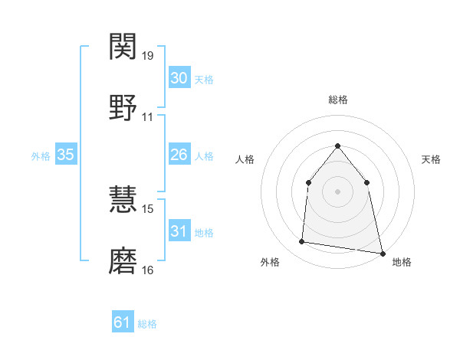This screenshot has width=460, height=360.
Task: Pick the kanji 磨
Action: point(123,260)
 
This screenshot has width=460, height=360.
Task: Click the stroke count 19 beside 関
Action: point(148,56)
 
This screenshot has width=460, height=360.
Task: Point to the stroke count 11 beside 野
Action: point(148,117)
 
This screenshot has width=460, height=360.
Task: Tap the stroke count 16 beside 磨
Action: point(148,270)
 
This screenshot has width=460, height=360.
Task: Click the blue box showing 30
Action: point(179,78)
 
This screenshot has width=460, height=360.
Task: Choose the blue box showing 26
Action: point(179,155)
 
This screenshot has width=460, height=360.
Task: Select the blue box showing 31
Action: point(179,231)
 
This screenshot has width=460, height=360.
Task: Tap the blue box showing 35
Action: point(65,155)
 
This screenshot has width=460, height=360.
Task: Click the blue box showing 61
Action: point(123,322)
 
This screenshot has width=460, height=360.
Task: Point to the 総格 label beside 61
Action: point(147,324)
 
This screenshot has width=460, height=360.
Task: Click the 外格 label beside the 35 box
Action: point(41,156)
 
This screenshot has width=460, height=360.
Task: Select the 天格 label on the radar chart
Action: point(431,159)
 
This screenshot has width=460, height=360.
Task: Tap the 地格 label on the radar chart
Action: point(402,262)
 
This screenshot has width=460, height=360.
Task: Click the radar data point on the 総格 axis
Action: point(337,146)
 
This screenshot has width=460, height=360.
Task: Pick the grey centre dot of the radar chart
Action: point(337,191)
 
